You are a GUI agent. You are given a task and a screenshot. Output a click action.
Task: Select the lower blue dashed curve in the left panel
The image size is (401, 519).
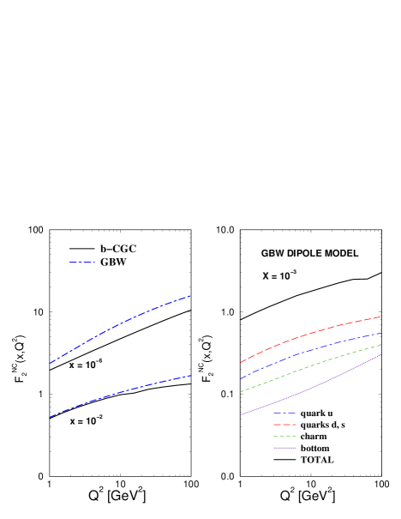tap(120, 392)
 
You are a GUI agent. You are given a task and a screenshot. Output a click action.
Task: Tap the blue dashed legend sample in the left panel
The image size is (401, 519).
tap(82, 263)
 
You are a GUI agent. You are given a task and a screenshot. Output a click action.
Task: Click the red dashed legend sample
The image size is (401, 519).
tap(284, 425)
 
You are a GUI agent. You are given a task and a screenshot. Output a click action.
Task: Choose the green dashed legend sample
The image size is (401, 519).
tap(284, 436)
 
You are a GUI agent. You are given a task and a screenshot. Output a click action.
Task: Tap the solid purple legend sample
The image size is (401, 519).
tap(284, 448)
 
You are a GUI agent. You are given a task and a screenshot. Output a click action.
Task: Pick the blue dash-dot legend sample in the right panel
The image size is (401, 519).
tap(284, 413)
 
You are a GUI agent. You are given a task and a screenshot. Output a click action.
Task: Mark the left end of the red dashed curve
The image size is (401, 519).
tap(241, 362)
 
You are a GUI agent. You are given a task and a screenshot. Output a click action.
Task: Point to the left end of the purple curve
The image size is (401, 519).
tap(241, 415)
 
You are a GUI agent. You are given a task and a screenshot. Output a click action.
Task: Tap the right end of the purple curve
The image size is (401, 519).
tap(381, 355)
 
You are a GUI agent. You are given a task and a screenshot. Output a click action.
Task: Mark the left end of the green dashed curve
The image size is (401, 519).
tap(241, 392)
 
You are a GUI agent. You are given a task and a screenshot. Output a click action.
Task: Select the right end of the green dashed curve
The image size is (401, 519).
tap(381, 345)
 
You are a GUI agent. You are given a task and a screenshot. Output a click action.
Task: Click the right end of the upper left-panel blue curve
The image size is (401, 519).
tap(190, 296)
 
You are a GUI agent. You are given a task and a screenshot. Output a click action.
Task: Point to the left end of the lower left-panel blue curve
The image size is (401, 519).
tap(50, 417)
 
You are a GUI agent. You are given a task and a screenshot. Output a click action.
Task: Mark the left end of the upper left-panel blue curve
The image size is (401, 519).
tap(50, 364)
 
